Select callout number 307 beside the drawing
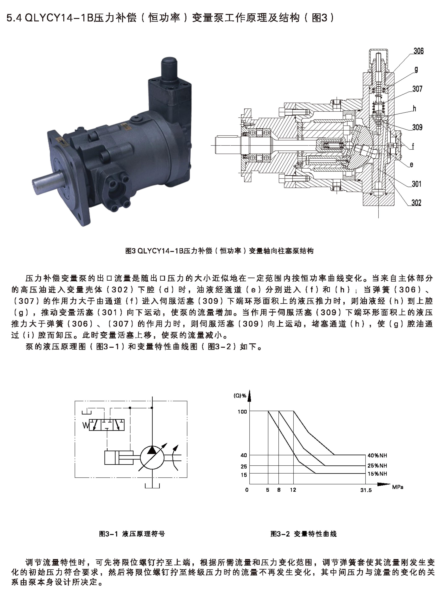coord(417,89)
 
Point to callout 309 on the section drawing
coord(417,127)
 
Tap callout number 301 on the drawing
coord(416,184)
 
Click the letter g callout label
coord(416,70)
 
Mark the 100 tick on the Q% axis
coord(242,412)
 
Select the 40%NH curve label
coord(377,455)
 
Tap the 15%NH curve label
coord(377,473)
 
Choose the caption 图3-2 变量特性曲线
coord(303,533)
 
